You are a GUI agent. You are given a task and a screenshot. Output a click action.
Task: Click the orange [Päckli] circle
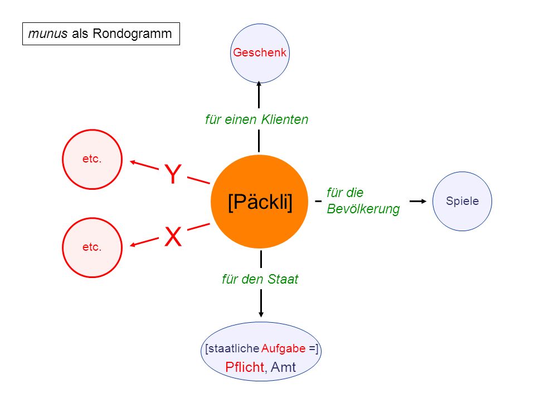tap(259, 202)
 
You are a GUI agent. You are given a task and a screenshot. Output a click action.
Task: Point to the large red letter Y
tap(173, 174)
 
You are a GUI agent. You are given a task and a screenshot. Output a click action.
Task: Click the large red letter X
tap(173, 237)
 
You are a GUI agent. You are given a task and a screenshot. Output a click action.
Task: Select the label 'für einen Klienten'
tap(256, 119)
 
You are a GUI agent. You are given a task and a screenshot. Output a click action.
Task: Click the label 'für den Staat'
tap(260, 279)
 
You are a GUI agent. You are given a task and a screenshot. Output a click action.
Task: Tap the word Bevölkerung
tap(363, 208)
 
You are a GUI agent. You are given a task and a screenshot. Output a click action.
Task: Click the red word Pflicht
tap(245, 367)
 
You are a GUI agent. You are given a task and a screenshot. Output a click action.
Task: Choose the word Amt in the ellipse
tap(283, 367)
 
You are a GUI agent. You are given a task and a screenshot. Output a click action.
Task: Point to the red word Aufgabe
tap(283, 348)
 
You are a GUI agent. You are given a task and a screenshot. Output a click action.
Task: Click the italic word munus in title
tap(48, 33)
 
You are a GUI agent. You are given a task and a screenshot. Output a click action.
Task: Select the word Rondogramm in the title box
tap(132, 33)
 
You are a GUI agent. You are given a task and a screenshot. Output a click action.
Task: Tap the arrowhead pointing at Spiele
tap(423, 202)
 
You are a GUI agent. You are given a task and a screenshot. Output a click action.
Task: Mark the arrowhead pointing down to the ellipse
tap(261, 314)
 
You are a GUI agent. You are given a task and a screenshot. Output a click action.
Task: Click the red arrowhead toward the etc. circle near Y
tap(133, 162)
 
